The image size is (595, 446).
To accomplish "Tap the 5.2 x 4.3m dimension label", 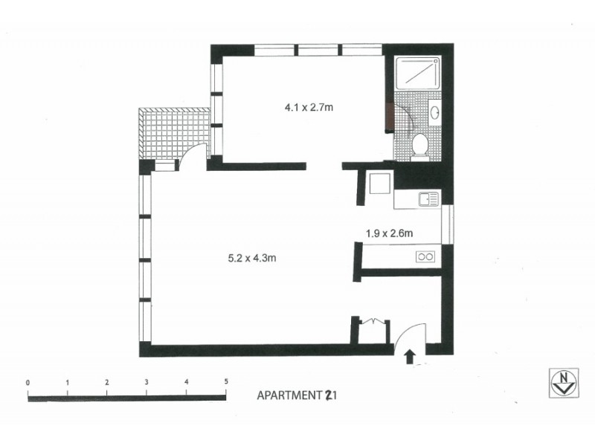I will pos(252,259).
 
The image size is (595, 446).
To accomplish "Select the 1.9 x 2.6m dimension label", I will pos(389,233).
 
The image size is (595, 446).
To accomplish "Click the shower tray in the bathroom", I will pos(417,73).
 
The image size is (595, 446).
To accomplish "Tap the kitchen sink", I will pos(428,198).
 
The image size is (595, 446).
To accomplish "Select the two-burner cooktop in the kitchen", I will pos(427,257).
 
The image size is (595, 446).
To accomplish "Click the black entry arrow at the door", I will pos(408,358).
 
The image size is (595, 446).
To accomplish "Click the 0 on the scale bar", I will pos(28,382).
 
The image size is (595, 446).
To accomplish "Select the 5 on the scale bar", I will pos(225,382).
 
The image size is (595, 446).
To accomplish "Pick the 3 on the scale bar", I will pos(147,382).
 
